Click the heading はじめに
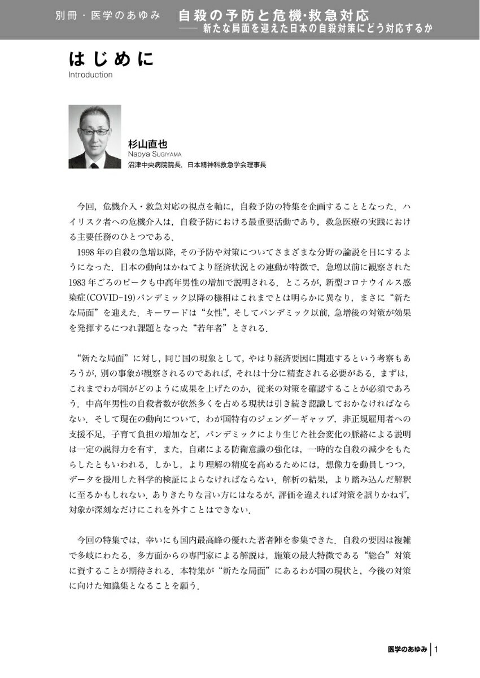111,59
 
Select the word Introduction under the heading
90,75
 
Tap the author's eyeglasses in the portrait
94,131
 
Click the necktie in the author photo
94,164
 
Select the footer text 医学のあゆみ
408,650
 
